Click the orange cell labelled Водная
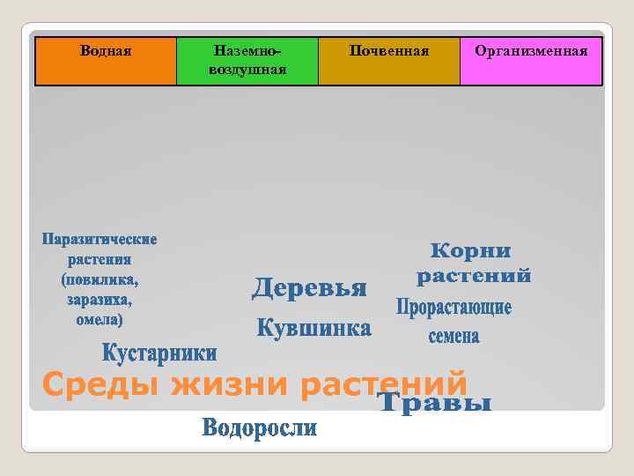click(x=106, y=60)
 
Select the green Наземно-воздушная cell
click(x=247, y=60)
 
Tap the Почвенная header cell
click(x=389, y=60)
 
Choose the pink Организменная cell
click(x=531, y=60)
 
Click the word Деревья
click(x=309, y=287)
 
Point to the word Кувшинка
click(x=313, y=329)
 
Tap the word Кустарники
click(x=159, y=353)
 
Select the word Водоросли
click(x=259, y=428)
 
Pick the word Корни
click(x=470, y=250)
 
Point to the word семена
click(x=453, y=336)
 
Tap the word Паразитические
click(x=100, y=240)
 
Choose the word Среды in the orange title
click(x=100, y=384)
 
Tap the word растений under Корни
click(x=473, y=276)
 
